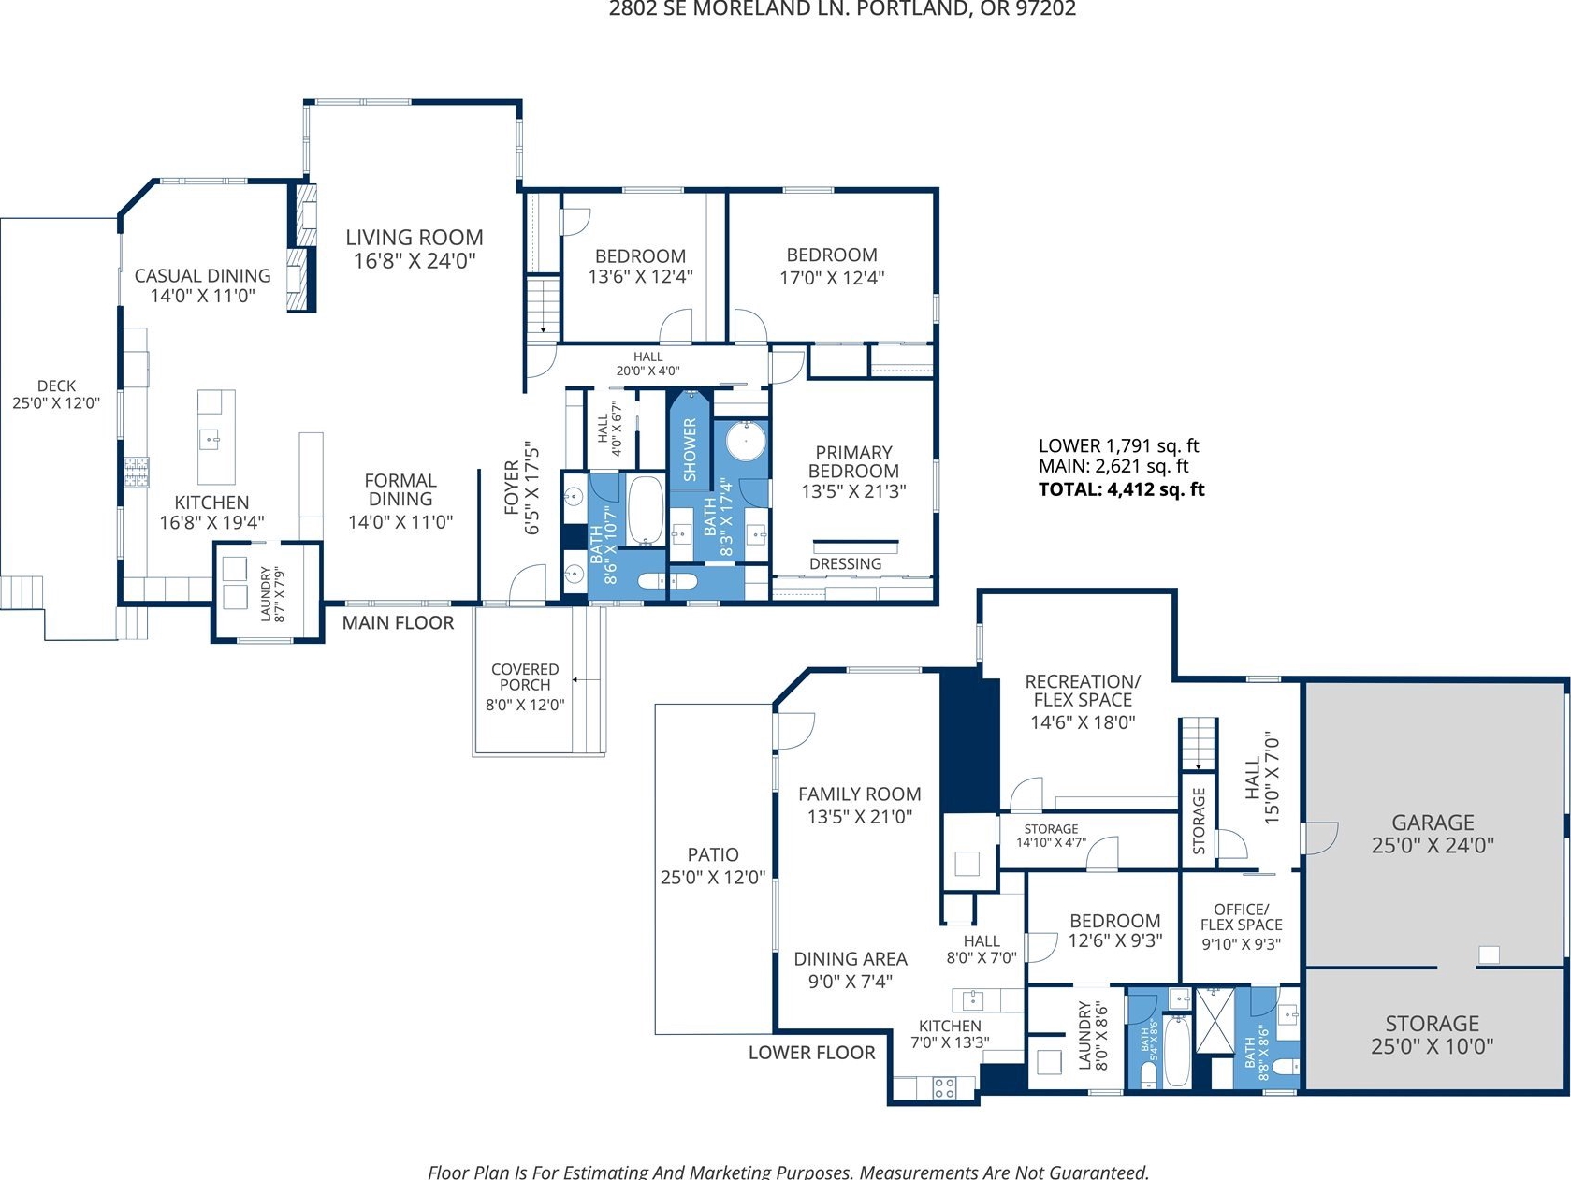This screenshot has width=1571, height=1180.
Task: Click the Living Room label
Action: pyautogui.click(x=415, y=238)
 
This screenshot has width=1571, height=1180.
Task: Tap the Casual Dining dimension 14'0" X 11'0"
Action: pyautogui.click(x=202, y=296)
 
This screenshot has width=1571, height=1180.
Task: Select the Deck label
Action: pyautogui.click(x=56, y=386)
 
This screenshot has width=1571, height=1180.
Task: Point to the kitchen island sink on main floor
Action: pyautogui.click(x=210, y=440)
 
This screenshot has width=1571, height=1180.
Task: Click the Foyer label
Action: pyautogui.click(x=512, y=488)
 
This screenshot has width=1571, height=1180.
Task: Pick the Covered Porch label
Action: pyautogui.click(x=525, y=677)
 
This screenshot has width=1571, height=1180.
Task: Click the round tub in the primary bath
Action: pyautogui.click(x=746, y=441)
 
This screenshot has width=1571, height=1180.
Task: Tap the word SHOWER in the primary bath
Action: pyautogui.click(x=690, y=449)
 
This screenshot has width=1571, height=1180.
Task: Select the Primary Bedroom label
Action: pyautogui.click(x=854, y=461)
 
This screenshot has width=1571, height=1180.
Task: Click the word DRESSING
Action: pyautogui.click(x=845, y=564)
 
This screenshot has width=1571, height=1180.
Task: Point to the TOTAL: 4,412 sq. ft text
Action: pyautogui.click(x=1122, y=489)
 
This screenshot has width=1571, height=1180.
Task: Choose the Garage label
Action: pyautogui.click(x=1433, y=823)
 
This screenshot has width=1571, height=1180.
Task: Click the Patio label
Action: pyautogui.click(x=713, y=854)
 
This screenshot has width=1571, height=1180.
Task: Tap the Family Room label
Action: pyautogui.click(x=860, y=794)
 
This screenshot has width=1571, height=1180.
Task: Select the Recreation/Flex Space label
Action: pyautogui.click(x=1083, y=691)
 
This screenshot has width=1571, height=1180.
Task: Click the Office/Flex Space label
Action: pyautogui.click(x=1241, y=917)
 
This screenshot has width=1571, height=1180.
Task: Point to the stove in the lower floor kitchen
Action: pyautogui.click(x=944, y=1088)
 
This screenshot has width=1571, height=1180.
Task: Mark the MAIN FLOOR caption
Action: pyautogui.click(x=398, y=622)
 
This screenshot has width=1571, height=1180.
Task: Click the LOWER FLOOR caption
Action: pyautogui.click(x=811, y=1053)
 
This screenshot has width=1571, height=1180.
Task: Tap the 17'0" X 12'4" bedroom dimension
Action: pyautogui.click(x=832, y=278)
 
